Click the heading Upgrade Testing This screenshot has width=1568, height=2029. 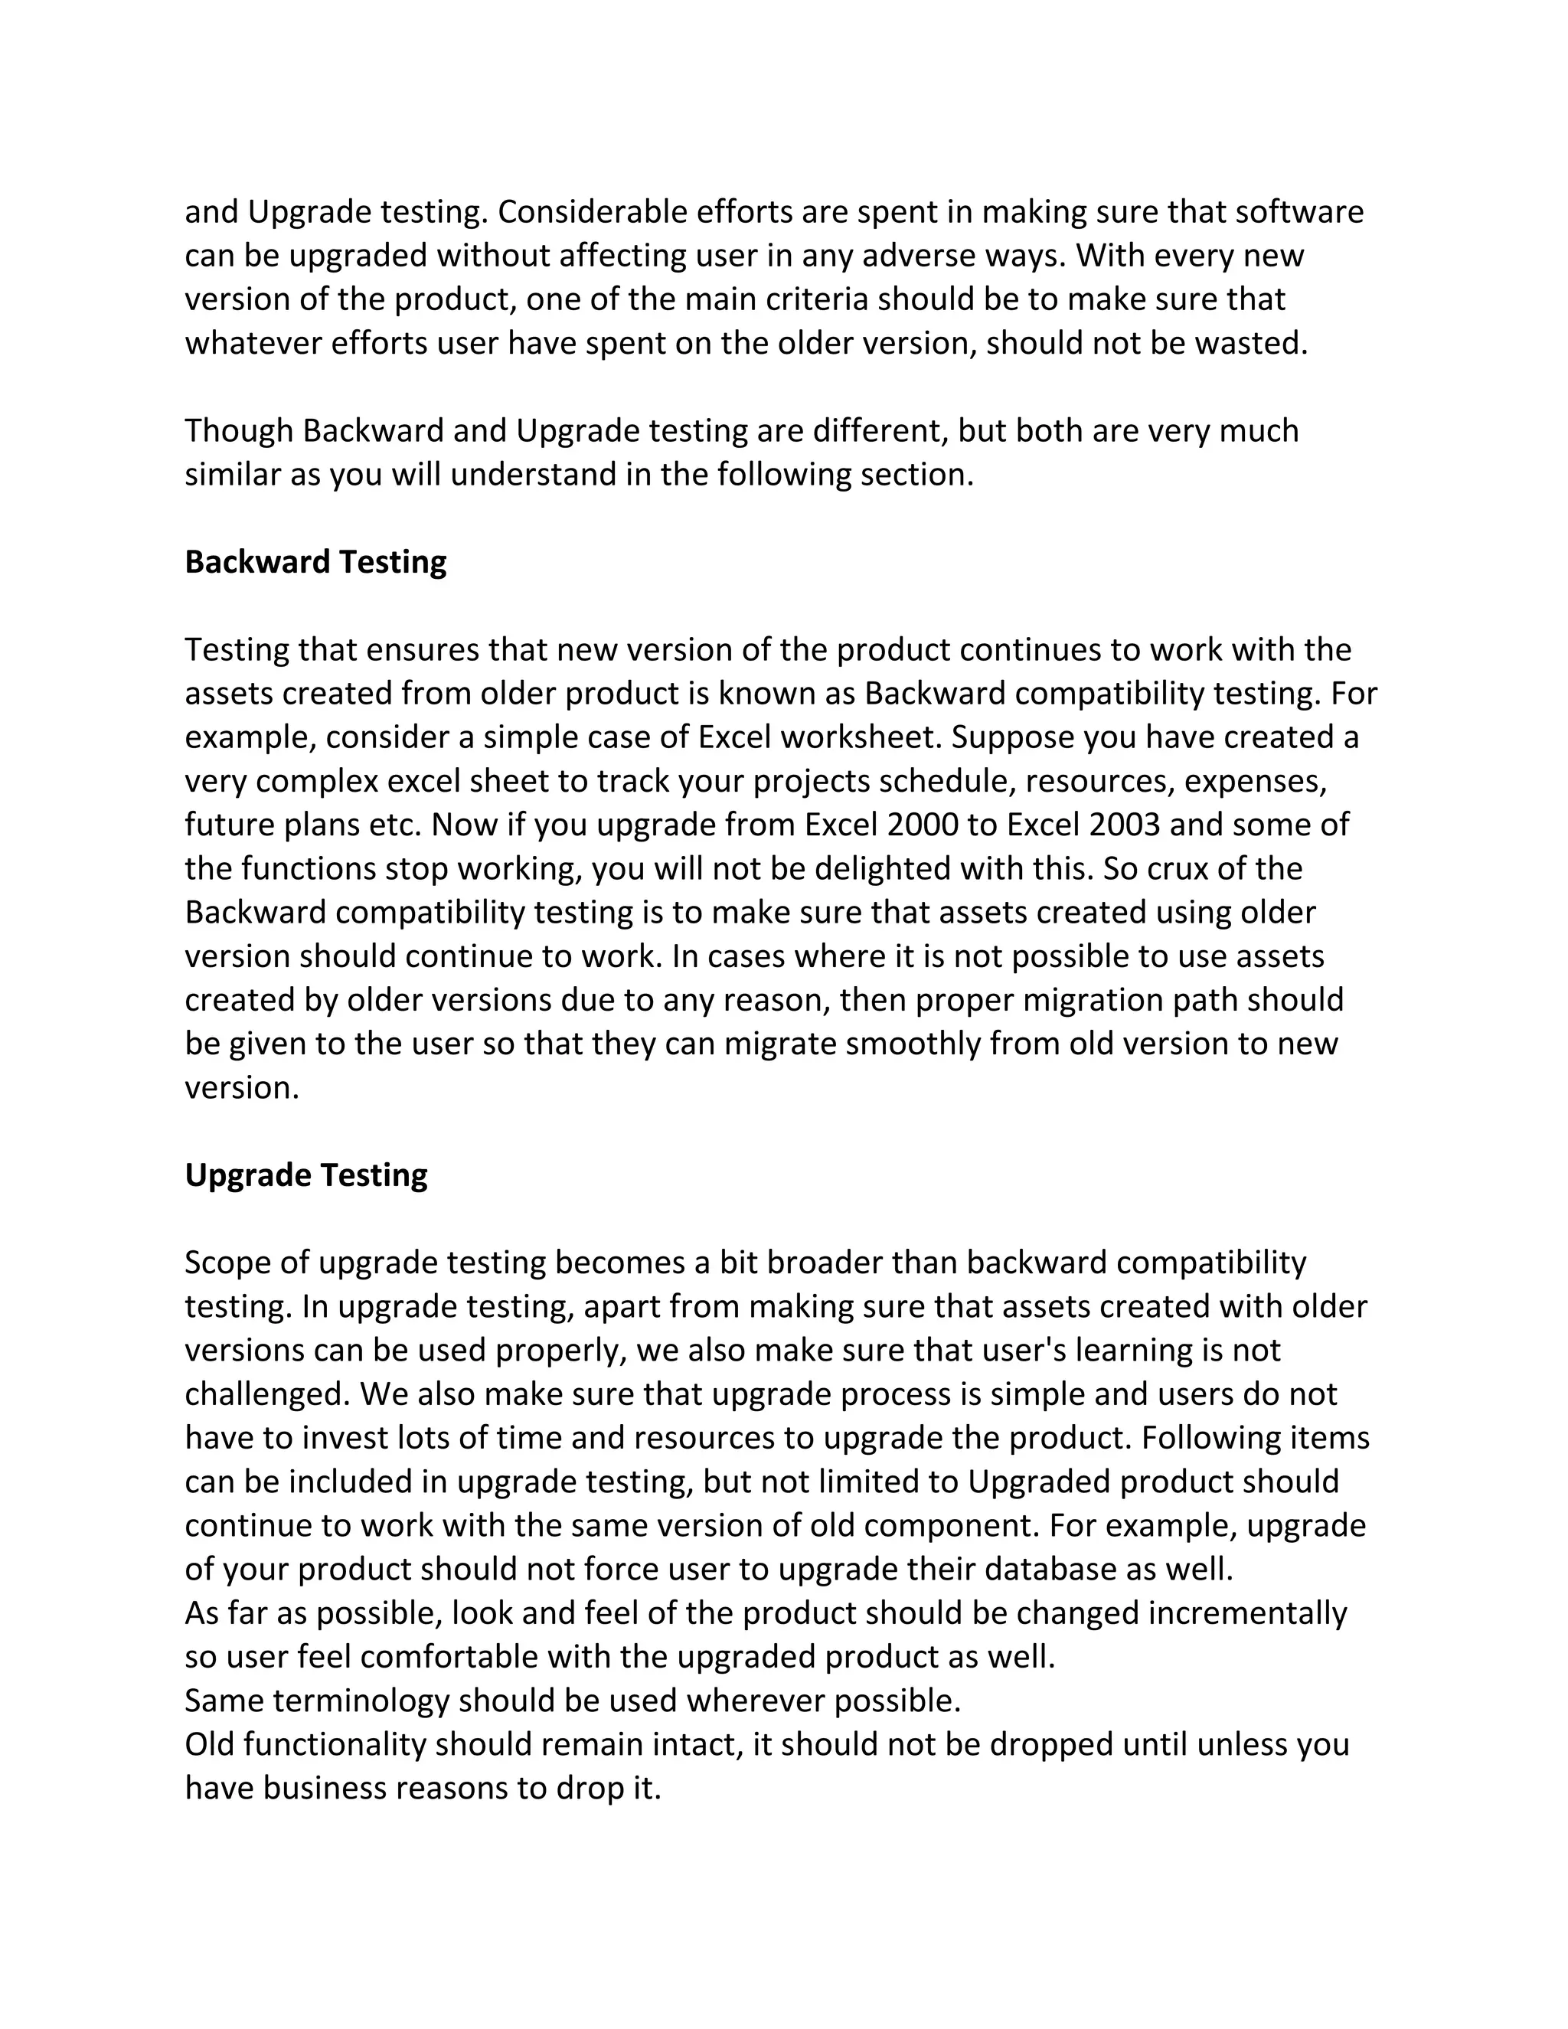pos(305,1175)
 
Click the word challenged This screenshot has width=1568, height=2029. pos(266,1394)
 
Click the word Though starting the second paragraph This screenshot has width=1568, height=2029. pos(239,431)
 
